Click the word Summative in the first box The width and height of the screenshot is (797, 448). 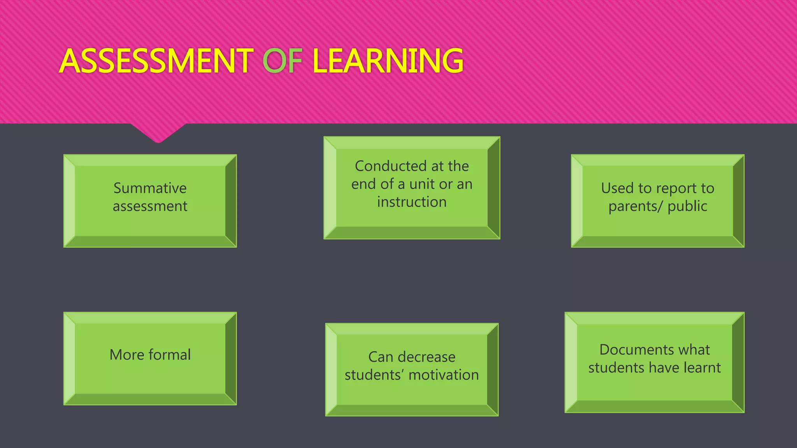tap(150, 188)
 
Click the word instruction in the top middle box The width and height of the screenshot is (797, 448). tap(412, 202)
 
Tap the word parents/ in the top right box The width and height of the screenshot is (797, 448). tap(635, 206)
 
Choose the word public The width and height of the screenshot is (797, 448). tap(687, 206)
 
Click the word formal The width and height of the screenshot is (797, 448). tap(170, 355)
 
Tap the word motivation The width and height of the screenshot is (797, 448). tap(444, 375)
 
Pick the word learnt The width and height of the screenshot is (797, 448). tap(702, 367)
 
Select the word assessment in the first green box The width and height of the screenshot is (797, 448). tap(150, 206)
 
